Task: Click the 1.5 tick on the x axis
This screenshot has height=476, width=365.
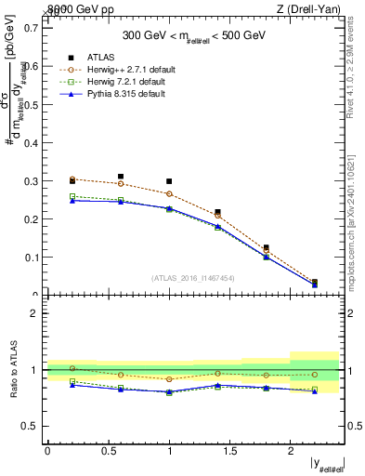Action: (x=229, y=452)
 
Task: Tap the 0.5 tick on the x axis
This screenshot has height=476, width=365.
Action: (x=108, y=452)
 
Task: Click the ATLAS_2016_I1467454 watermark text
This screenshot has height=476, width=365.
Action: (x=192, y=278)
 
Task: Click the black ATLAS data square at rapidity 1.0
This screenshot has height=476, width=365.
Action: (x=169, y=181)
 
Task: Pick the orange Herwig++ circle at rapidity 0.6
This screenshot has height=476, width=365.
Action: (x=121, y=183)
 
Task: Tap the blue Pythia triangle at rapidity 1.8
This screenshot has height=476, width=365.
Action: (x=266, y=257)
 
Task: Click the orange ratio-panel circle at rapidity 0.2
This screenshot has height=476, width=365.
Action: (x=72, y=369)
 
